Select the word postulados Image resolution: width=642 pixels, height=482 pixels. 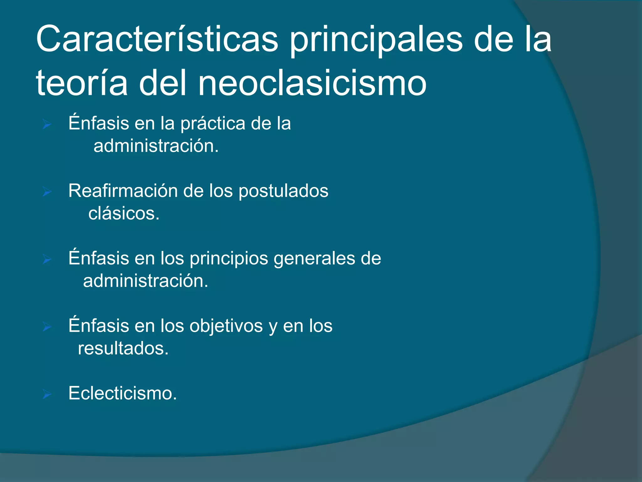pos(283,191)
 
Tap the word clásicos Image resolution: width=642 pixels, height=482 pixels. pos(124,213)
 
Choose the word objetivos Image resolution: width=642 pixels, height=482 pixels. pos(226,326)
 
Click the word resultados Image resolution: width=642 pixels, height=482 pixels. pos(123,348)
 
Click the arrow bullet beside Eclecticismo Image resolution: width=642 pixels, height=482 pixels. pos(47,394)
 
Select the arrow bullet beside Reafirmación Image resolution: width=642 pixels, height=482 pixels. pos(47,191)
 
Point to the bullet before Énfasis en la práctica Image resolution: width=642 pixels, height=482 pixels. pos(47,125)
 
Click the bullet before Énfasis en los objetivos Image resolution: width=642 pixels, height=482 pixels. pos(47,327)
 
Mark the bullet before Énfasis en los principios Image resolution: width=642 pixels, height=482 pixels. pos(47,259)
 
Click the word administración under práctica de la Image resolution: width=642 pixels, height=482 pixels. pos(156,146)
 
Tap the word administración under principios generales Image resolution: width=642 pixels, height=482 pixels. pos(145,281)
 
